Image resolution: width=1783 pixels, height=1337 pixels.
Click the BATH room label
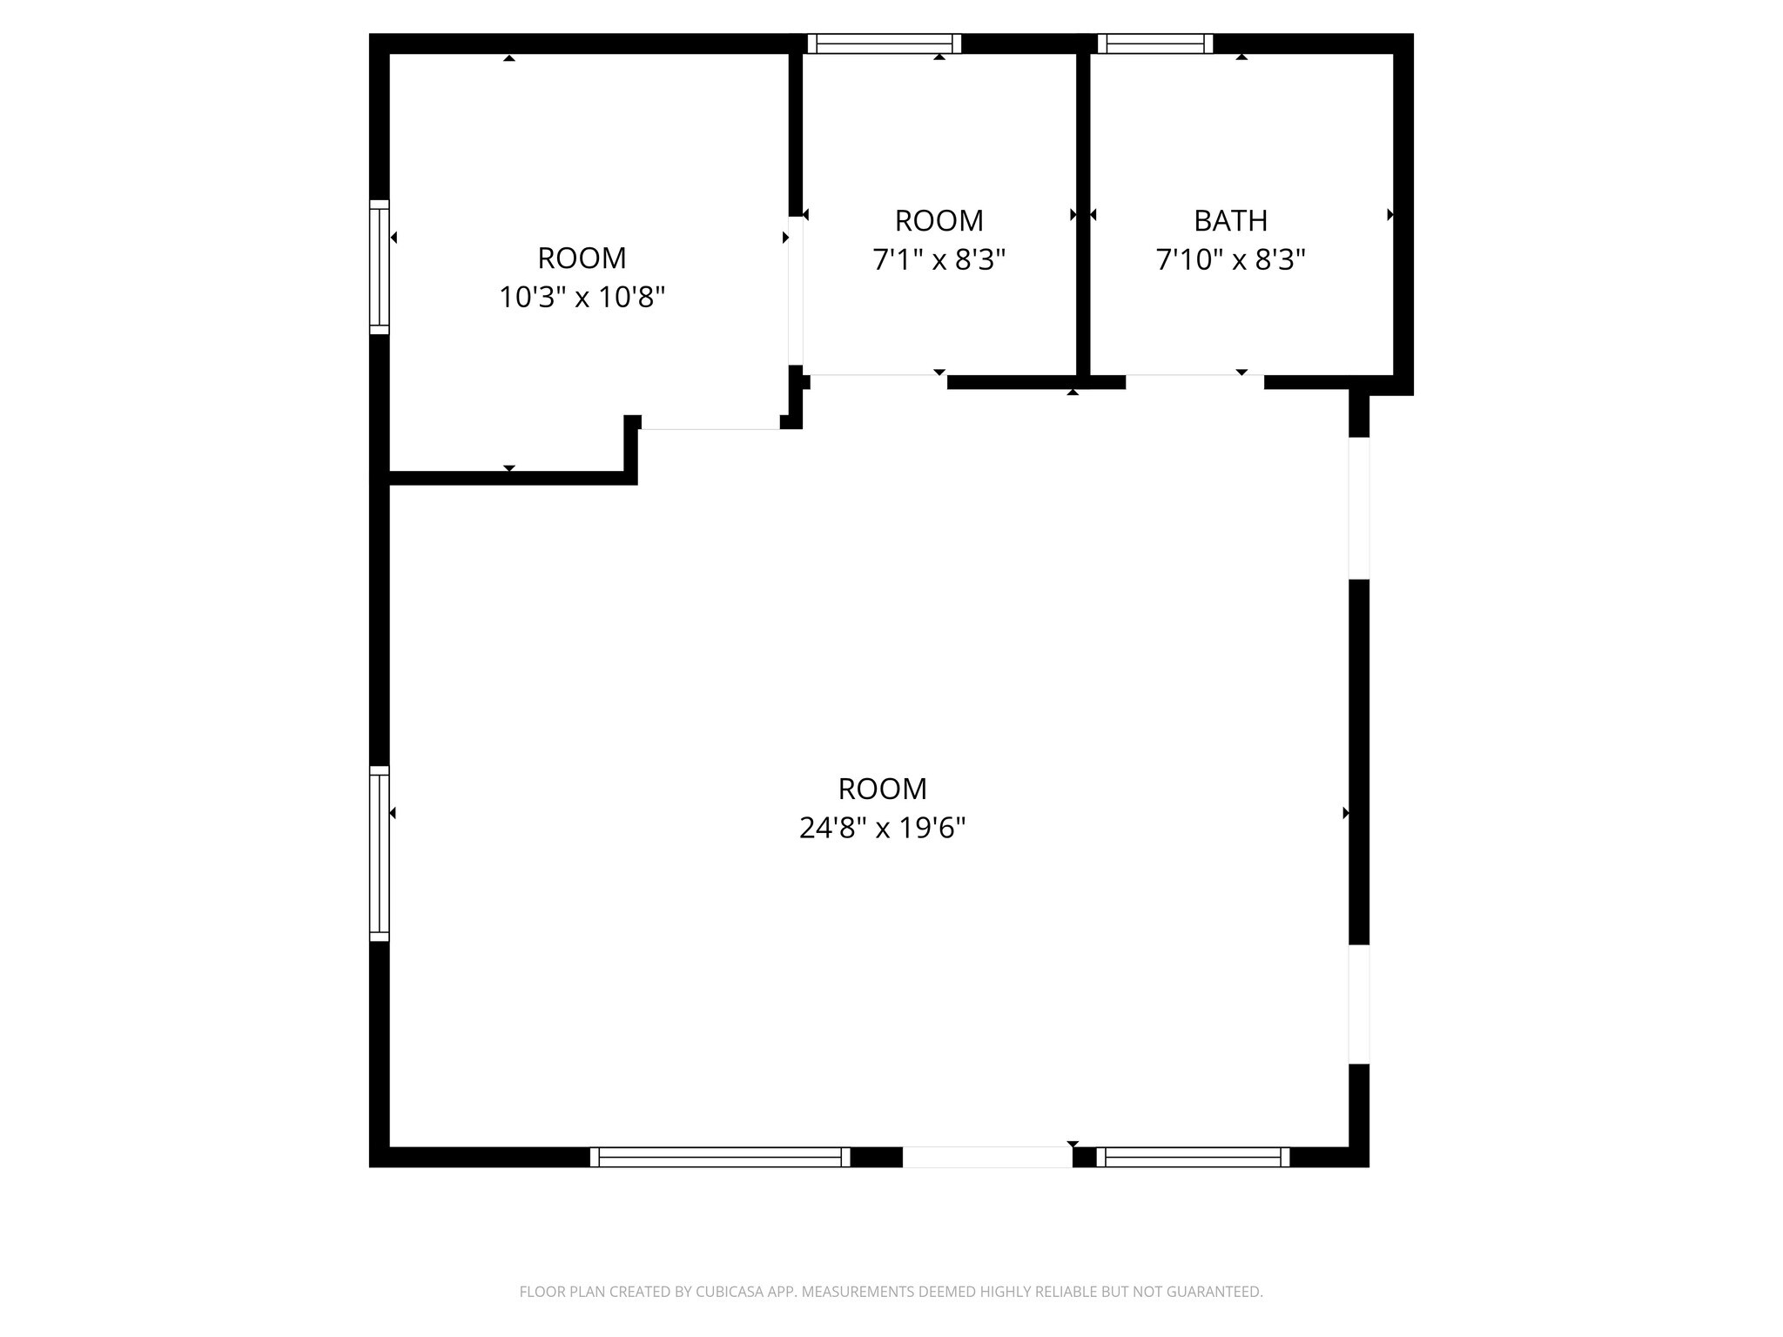[x=1229, y=221]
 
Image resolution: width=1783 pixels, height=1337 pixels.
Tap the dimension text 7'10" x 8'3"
[x=1229, y=260]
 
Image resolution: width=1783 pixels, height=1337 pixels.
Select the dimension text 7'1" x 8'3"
[x=939, y=260]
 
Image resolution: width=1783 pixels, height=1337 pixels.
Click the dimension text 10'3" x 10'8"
[x=582, y=298]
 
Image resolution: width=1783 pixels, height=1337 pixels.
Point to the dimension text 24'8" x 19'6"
[x=882, y=828]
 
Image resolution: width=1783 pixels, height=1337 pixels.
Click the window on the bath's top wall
[x=1154, y=44]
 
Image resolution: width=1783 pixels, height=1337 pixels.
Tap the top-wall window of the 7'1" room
[x=884, y=44]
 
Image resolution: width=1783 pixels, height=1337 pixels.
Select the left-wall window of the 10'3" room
[x=380, y=267]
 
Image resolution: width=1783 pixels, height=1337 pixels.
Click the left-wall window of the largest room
[x=380, y=853]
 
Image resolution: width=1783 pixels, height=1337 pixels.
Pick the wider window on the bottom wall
[x=719, y=1157]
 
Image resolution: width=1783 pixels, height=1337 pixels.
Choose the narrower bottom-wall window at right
[x=1193, y=1157]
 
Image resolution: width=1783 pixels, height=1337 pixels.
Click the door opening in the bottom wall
[x=986, y=1157]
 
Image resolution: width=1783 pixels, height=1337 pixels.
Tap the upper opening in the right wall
[x=1358, y=508]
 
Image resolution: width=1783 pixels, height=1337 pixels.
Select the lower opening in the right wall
[x=1358, y=1004]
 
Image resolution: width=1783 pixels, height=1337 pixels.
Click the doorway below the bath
[x=1194, y=380]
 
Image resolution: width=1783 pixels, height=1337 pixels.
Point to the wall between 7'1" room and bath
[x=1083, y=209]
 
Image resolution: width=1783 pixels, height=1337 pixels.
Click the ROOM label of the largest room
[x=882, y=789]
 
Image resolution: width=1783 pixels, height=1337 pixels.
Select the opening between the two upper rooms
[x=795, y=291]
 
